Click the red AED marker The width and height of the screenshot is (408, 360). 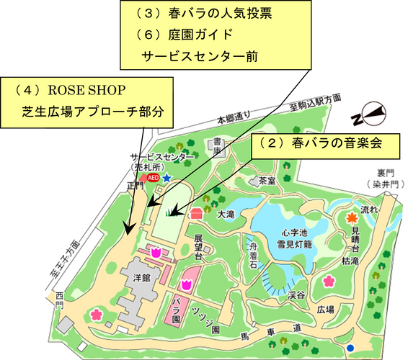[152, 176]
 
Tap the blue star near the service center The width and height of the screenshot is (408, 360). [167, 176]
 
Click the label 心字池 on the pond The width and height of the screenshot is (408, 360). [296, 233]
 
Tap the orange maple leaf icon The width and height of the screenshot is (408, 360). [352, 217]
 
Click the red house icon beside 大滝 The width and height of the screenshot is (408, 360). [196, 214]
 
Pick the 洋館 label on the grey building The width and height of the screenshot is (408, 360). [143, 276]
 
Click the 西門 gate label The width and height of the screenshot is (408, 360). [59, 300]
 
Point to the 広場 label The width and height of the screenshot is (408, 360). [326, 310]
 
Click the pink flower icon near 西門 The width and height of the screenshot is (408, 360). [95, 315]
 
